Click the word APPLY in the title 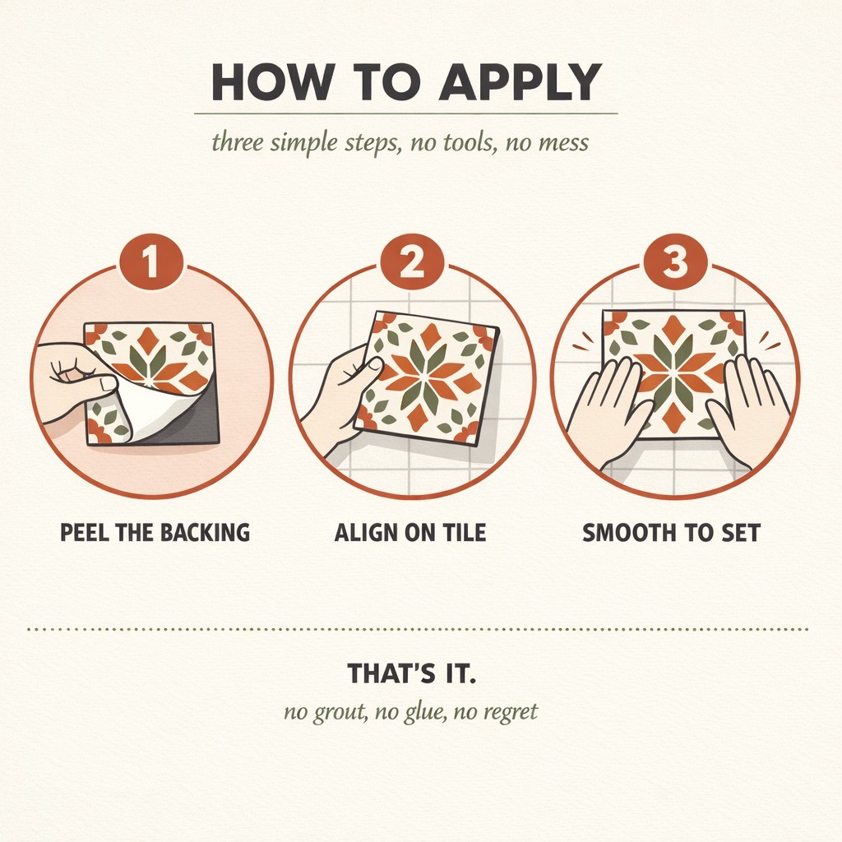(520, 82)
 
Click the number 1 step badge (151, 262)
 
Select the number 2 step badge (412, 262)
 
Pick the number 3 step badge (675, 262)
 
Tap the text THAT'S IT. (411, 673)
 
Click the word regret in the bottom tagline (511, 713)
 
